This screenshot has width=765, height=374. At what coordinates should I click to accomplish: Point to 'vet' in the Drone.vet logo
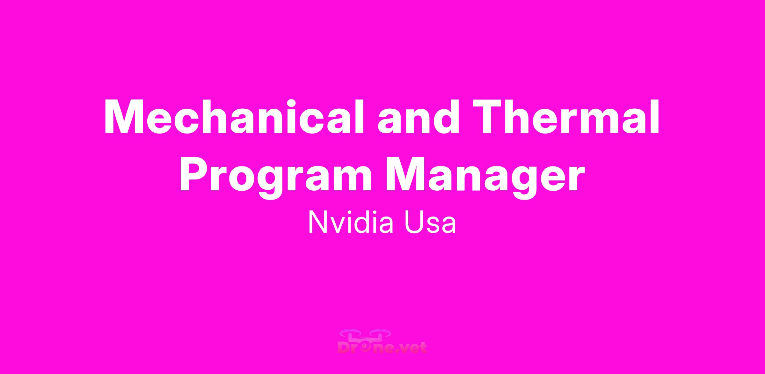tap(413, 348)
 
